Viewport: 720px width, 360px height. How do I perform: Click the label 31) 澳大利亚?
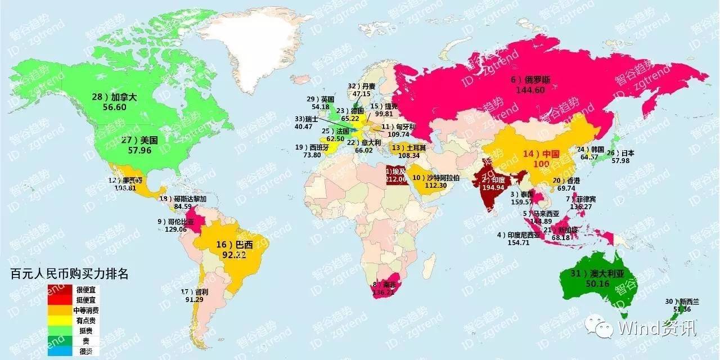click(598, 273)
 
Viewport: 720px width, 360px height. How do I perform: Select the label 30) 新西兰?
click(682, 301)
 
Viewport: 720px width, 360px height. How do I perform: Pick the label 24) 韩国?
click(591, 149)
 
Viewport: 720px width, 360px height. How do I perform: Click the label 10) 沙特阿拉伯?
click(436, 178)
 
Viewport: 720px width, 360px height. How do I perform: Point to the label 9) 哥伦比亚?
click(175, 222)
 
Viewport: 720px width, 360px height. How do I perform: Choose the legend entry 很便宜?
click(86, 290)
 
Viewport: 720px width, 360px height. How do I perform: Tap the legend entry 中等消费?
click(86, 310)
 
